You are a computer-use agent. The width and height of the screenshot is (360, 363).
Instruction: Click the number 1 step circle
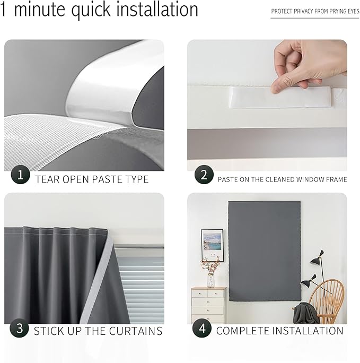coord(21,174)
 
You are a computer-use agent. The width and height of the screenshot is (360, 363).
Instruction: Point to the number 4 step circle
coord(202,328)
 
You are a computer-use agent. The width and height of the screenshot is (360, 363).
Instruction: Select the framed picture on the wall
coord(212,245)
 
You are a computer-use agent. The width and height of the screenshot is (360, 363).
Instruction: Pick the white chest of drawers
coord(208,305)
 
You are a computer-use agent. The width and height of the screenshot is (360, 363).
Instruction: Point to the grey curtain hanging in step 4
coord(264,249)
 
